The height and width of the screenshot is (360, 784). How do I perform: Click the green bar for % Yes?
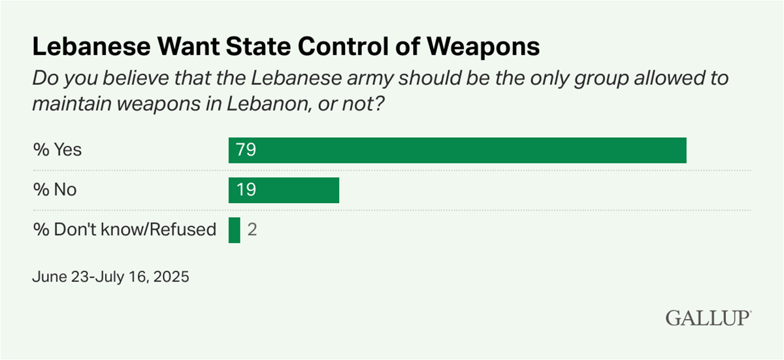click(457, 150)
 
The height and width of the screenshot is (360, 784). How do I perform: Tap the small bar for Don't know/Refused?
click(235, 230)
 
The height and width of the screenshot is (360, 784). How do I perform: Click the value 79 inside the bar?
click(245, 150)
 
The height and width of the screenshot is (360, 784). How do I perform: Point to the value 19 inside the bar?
click(245, 189)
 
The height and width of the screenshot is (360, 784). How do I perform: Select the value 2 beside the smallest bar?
click(252, 230)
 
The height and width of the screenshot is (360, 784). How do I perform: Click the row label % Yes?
click(57, 150)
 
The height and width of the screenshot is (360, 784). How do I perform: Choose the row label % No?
click(55, 189)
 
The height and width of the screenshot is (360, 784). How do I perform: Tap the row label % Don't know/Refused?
click(124, 230)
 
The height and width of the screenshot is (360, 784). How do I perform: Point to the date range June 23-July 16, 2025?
click(110, 277)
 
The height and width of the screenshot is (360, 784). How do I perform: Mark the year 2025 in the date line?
click(172, 277)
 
